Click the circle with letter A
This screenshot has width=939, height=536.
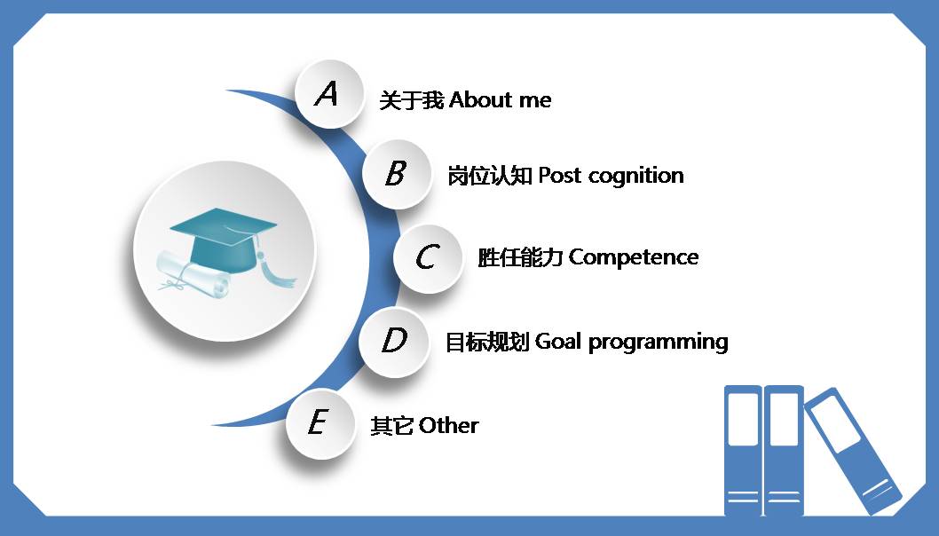[329, 93]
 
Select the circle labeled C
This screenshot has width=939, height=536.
[428, 257]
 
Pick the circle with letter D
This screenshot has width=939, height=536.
[393, 341]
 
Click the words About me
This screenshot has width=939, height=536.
[501, 100]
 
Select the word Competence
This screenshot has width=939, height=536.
[634, 257]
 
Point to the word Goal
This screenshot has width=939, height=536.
[557, 342]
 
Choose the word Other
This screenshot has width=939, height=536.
[448, 426]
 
